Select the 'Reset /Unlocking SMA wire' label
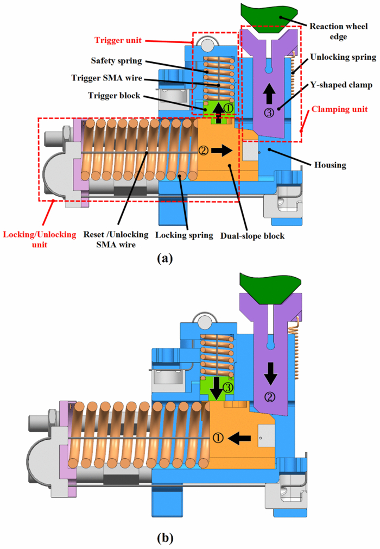(x=115, y=240)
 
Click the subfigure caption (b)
(x=165, y=538)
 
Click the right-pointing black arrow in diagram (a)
(x=222, y=149)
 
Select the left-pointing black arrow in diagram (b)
(x=239, y=436)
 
